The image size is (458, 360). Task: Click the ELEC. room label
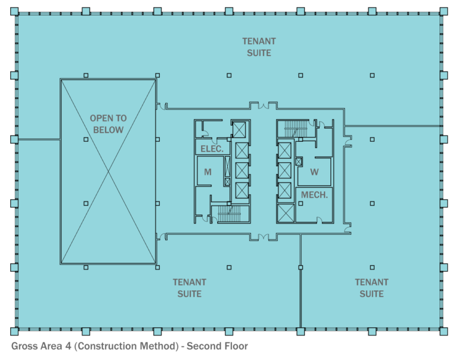click(x=212, y=149)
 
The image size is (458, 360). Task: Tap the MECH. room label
click(x=314, y=195)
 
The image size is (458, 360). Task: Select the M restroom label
click(x=208, y=172)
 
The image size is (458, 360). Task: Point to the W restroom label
click(x=314, y=172)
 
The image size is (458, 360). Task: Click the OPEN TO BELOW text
click(x=108, y=124)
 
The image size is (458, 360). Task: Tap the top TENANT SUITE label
click(x=259, y=47)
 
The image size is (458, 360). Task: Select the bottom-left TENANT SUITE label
click(x=190, y=288)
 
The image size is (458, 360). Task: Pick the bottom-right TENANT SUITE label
click(x=372, y=288)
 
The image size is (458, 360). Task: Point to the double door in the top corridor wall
click(x=263, y=106)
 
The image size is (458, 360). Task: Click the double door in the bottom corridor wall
click(x=263, y=237)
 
